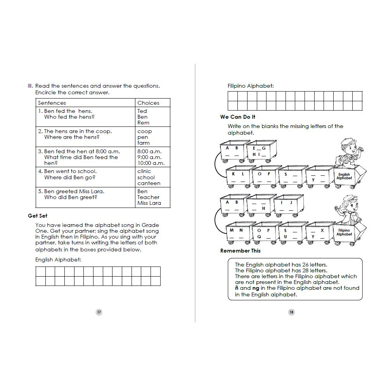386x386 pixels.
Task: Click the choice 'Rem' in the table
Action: (x=143, y=123)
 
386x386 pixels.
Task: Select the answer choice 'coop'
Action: (x=144, y=132)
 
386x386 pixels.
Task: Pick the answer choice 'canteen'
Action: (x=149, y=183)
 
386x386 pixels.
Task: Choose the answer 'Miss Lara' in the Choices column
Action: (x=149, y=203)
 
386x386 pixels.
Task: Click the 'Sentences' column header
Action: (x=52, y=103)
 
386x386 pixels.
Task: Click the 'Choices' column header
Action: (x=148, y=103)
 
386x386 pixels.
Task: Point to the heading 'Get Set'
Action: (x=38, y=216)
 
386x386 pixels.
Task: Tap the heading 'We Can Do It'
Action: (x=238, y=117)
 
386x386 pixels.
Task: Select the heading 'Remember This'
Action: (x=241, y=251)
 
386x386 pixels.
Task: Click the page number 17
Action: (x=99, y=312)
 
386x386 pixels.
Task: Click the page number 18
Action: (x=291, y=312)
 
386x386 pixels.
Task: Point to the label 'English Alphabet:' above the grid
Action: (x=58, y=260)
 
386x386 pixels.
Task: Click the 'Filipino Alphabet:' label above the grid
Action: (x=250, y=86)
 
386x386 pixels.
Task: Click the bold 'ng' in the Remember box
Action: (x=256, y=288)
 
